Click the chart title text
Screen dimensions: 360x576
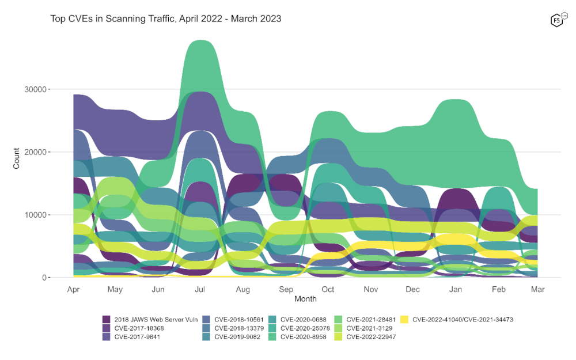(166, 18)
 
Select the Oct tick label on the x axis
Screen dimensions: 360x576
(328, 290)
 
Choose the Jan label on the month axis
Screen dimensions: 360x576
(455, 290)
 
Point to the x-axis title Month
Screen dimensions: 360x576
(305, 299)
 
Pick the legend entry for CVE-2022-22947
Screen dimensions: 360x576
(372, 337)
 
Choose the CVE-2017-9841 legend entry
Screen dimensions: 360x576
(138, 337)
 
